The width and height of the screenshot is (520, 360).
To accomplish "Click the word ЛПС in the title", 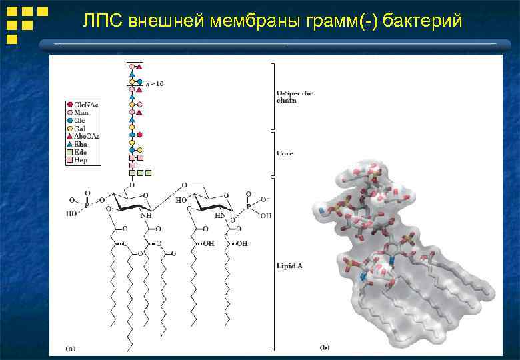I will point(102,21).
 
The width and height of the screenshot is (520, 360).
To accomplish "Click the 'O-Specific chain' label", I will point(294,97).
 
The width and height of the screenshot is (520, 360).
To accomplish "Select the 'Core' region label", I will point(285,153).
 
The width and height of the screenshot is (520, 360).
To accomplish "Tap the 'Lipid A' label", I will point(290,265).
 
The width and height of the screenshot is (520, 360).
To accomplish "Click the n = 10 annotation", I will point(155,83).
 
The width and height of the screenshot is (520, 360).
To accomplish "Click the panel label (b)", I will point(325,347).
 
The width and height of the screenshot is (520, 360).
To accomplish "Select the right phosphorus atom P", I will point(248,206).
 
